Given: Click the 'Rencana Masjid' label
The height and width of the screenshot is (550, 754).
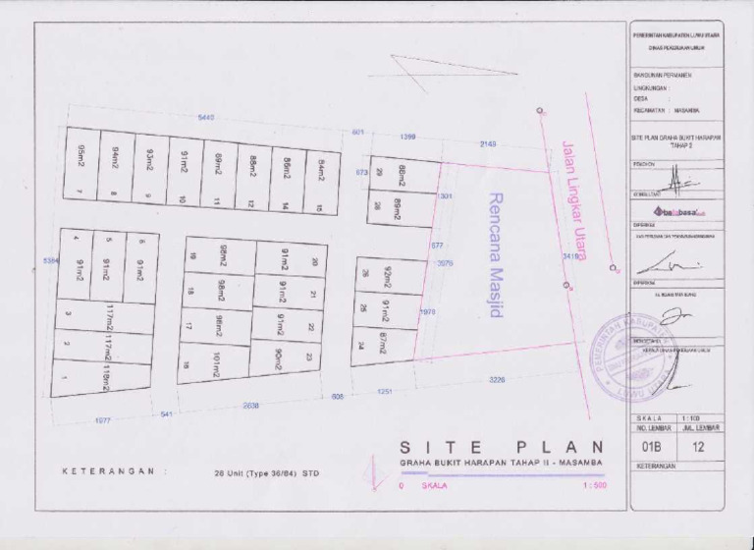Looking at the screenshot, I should (496, 253).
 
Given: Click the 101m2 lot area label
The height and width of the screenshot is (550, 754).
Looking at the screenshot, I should (215, 364).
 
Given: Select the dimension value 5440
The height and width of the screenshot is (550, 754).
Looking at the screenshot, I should (206, 118).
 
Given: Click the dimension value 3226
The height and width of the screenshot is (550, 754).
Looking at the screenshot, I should (497, 379).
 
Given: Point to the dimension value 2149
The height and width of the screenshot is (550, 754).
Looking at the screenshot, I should (488, 144).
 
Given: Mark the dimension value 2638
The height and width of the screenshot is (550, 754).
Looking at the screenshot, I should (251, 405).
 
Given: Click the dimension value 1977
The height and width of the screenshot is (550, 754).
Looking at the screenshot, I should (102, 420).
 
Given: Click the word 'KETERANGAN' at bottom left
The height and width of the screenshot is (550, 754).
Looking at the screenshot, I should (108, 471).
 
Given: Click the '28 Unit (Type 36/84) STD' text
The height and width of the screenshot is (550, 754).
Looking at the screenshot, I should (267, 473).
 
